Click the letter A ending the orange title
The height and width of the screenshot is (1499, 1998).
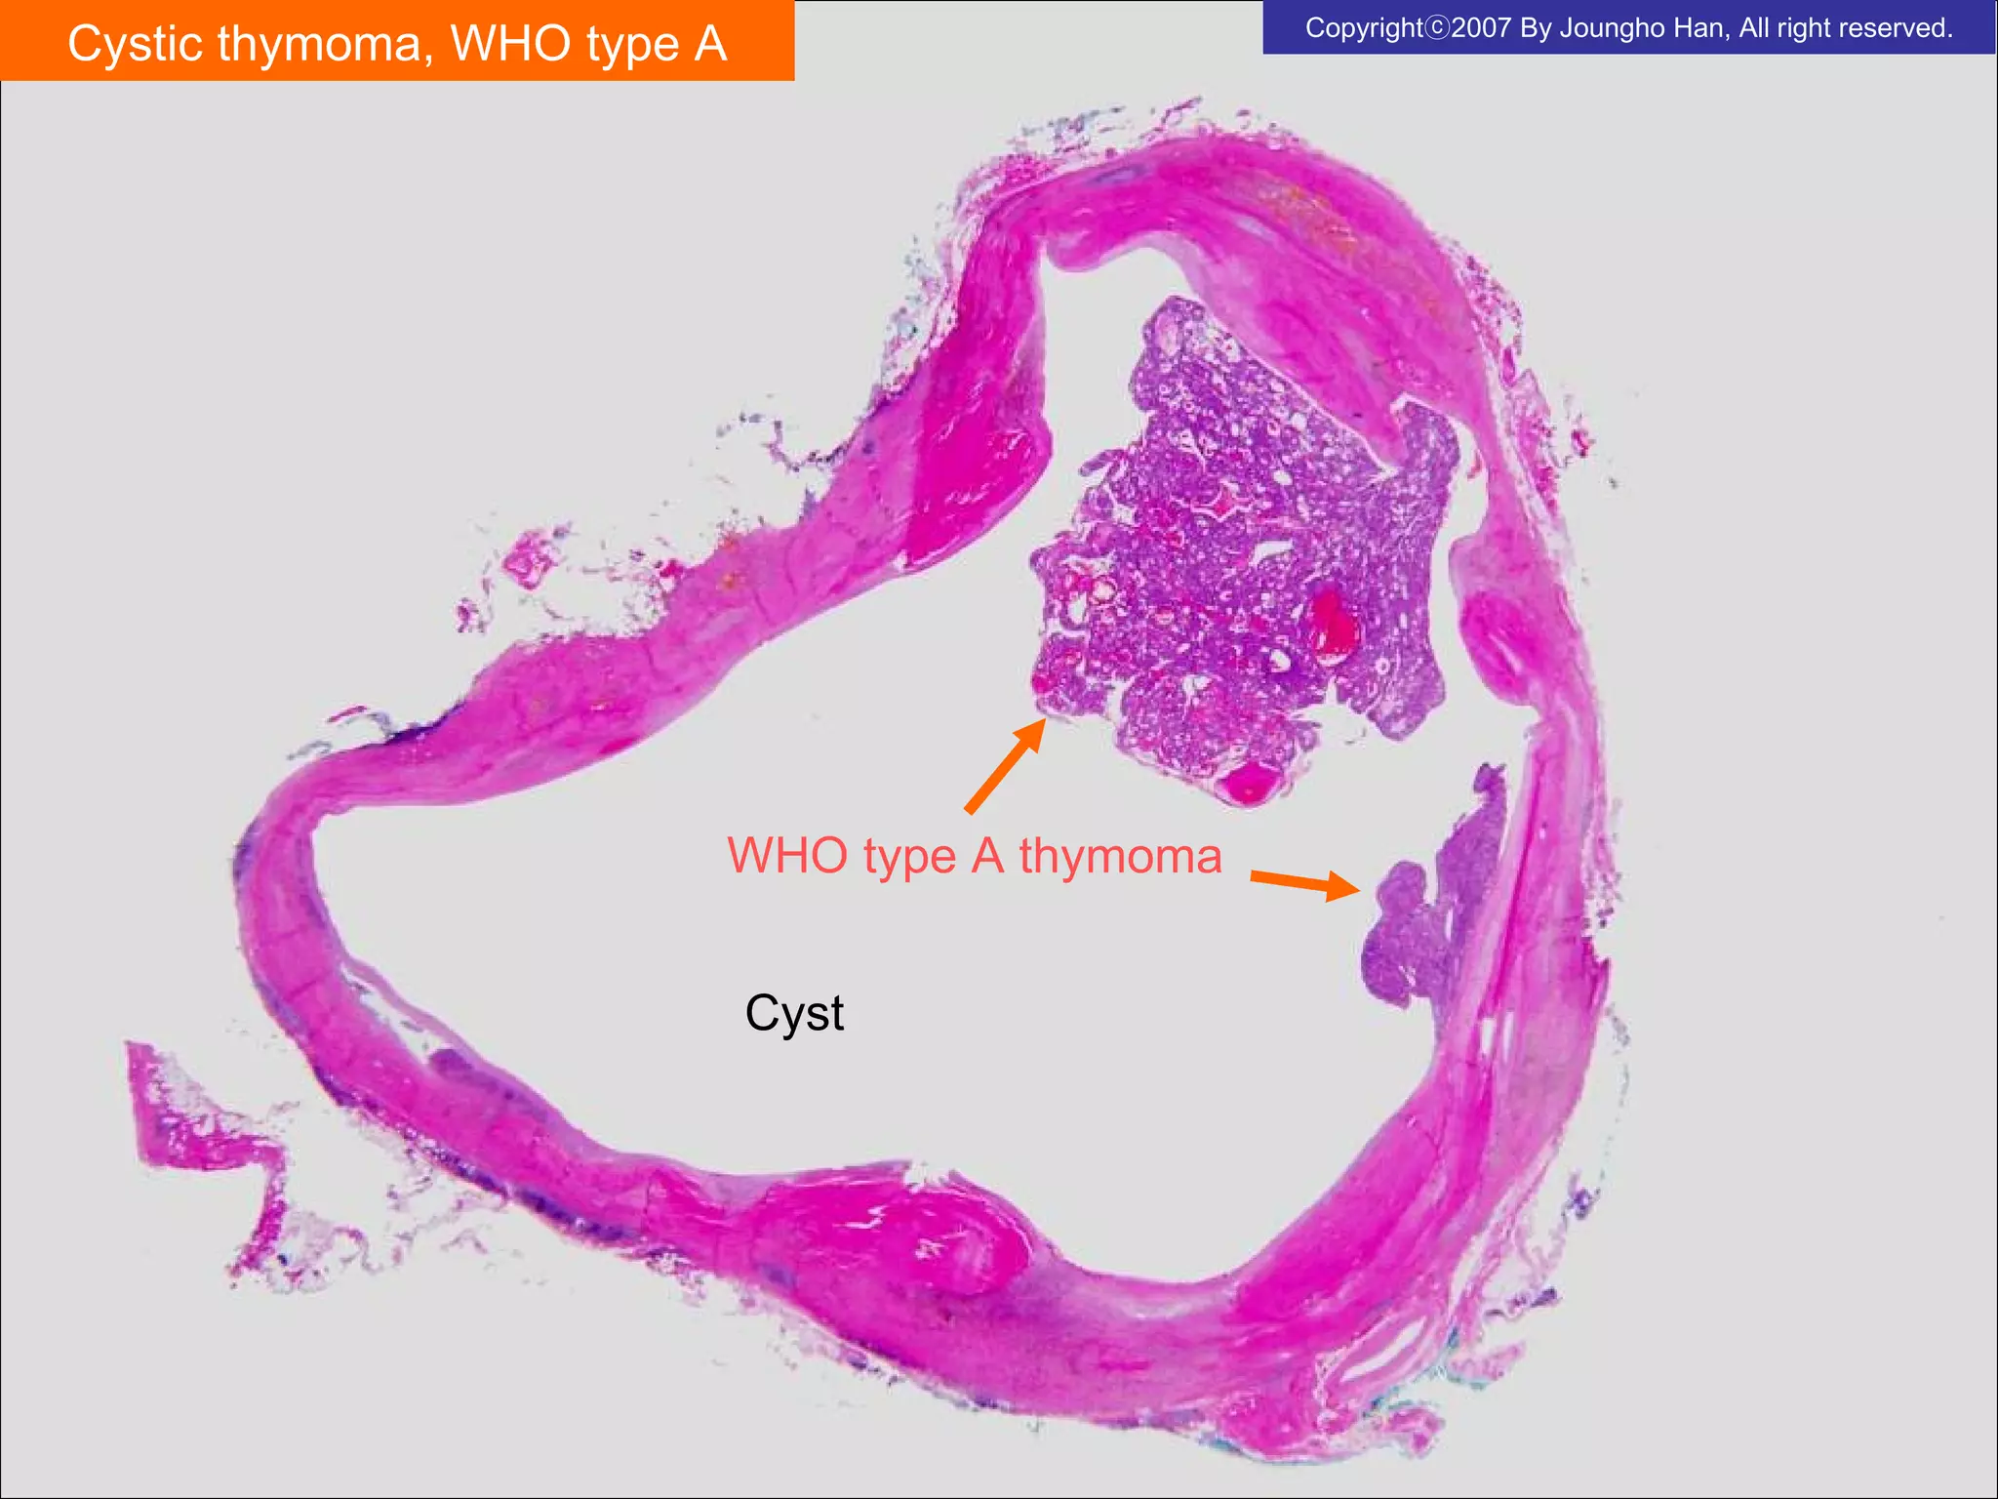click(x=709, y=44)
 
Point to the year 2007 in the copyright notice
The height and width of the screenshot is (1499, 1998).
click(x=1482, y=27)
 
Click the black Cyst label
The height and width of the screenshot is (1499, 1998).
click(x=794, y=1013)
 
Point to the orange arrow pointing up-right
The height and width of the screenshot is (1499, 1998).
click(x=1005, y=766)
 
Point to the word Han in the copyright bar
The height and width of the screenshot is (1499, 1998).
click(x=1702, y=27)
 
